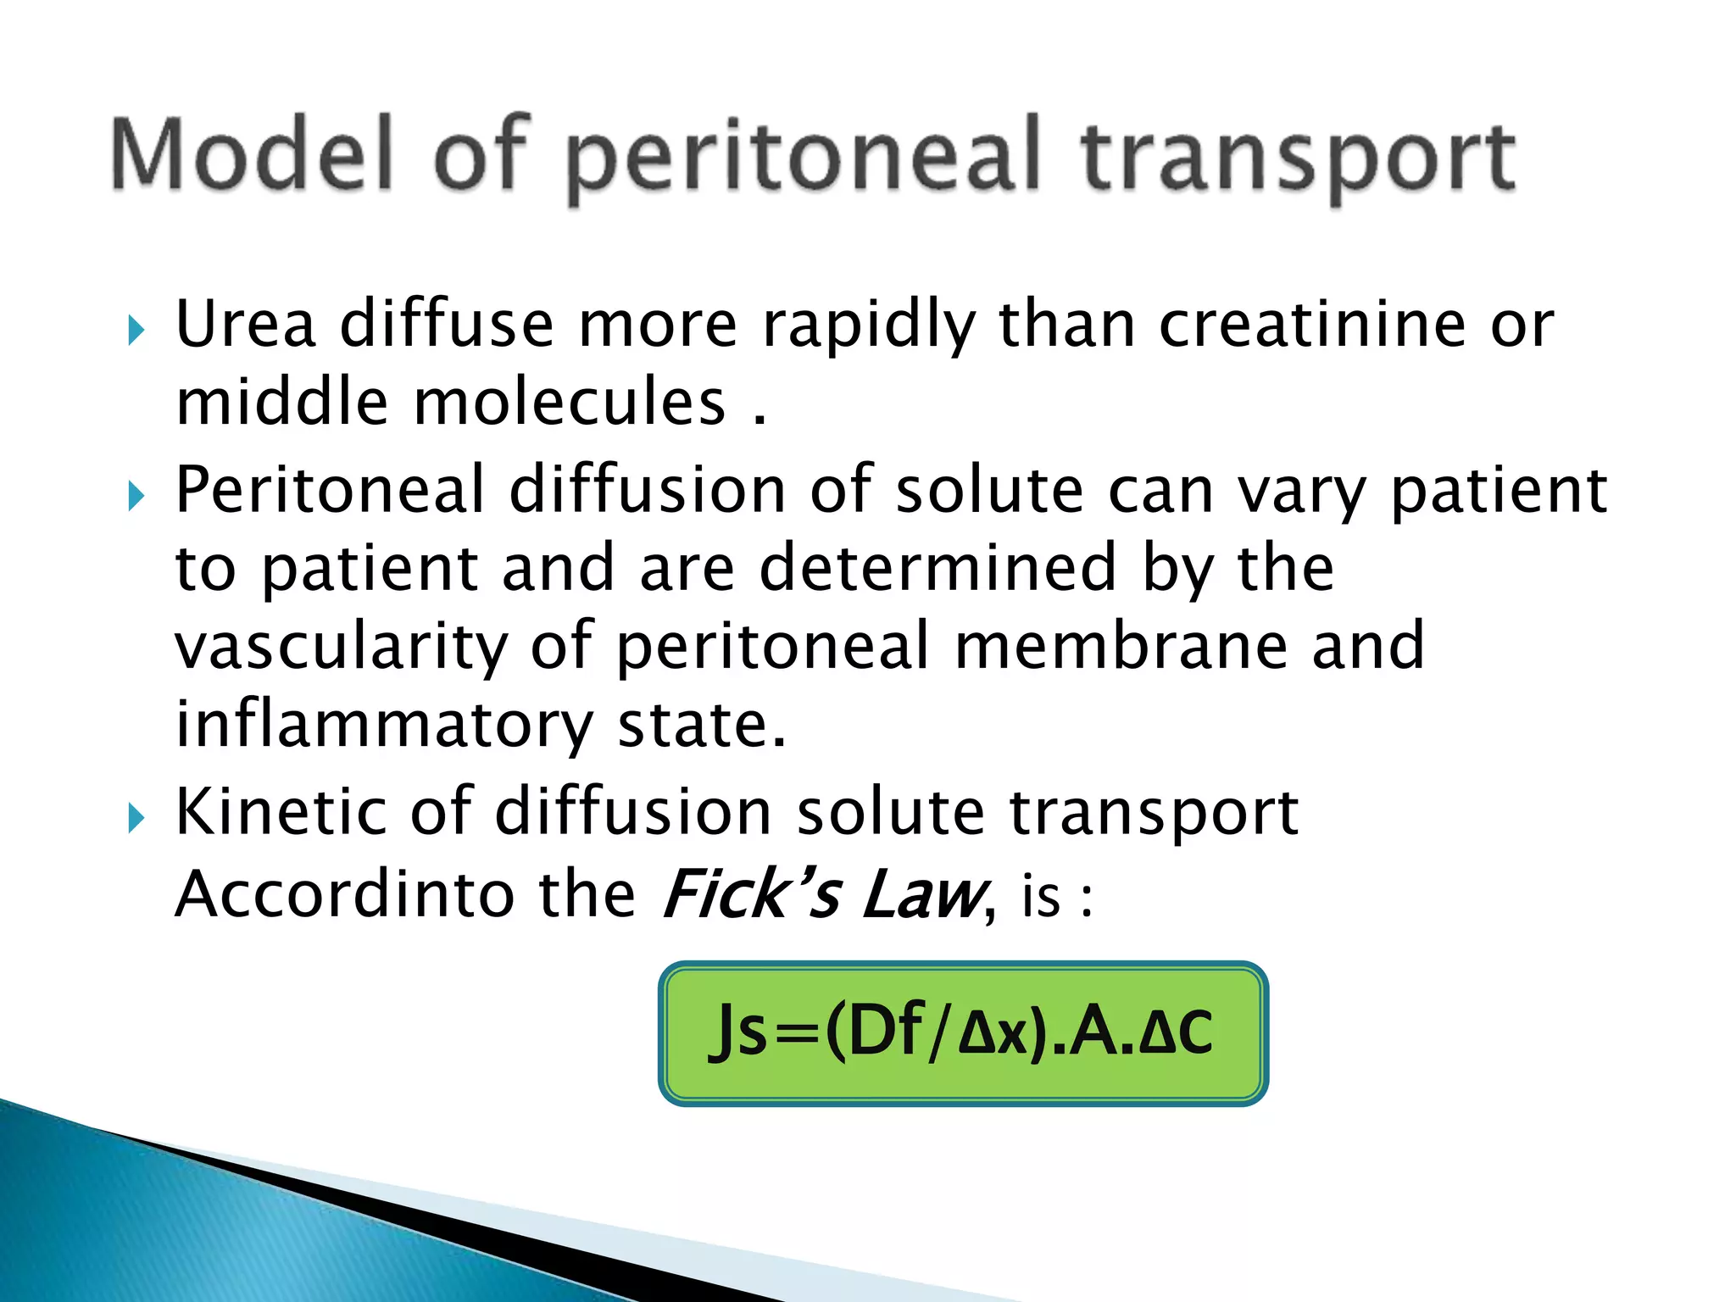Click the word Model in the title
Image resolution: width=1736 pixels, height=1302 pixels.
(x=252, y=154)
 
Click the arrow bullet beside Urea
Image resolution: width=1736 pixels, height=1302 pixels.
(x=136, y=330)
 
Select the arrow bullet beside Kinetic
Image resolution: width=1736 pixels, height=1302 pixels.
(x=136, y=818)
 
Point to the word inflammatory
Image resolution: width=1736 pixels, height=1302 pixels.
(x=384, y=726)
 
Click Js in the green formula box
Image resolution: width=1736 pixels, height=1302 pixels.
(x=738, y=1032)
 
